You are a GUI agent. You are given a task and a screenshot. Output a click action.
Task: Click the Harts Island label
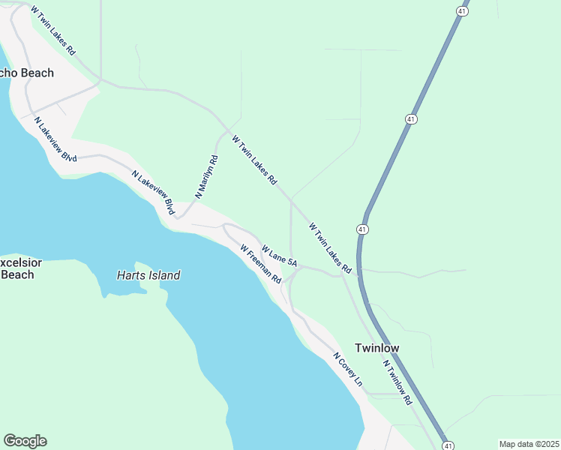click(x=148, y=275)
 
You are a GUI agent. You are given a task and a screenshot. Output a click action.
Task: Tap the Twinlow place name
click(x=376, y=348)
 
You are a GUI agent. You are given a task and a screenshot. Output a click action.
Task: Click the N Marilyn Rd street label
click(x=206, y=176)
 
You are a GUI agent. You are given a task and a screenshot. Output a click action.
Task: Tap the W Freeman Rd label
click(x=260, y=264)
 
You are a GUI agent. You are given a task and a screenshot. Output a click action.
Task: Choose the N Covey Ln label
click(x=348, y=370)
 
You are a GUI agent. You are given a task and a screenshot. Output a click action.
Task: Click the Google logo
click(x=25, y=441)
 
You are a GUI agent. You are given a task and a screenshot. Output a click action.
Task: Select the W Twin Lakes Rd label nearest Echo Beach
click(x=53, y=31)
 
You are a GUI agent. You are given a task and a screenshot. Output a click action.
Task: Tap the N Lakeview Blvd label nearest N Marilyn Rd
click(x=152, y=193)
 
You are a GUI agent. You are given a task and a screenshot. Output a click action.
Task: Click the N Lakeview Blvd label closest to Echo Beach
click(x=55, y=139)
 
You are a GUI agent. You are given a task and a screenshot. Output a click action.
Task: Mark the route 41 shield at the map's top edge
click(x=462, y=11)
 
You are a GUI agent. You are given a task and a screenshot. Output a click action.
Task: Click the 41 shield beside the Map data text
click(x=448, y=445)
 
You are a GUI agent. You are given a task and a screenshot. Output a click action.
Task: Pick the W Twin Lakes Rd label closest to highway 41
click(x=330, y=247)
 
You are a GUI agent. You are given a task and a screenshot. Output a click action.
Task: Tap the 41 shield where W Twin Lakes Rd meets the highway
click(x=363, y=229)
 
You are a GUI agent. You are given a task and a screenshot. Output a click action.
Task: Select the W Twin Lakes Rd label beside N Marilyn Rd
click(x=255, y=160)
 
